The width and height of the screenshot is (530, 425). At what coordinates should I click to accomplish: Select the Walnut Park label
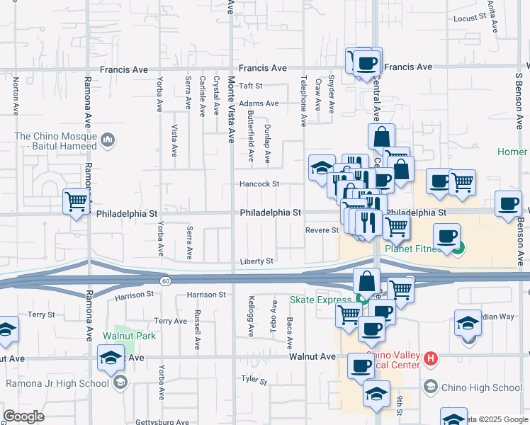(129, 336)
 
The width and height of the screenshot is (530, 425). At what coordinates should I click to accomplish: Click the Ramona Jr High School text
(57, 383)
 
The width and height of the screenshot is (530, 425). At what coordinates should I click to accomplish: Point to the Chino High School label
(482, 387)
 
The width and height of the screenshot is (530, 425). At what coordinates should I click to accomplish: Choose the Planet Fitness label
(417, 248)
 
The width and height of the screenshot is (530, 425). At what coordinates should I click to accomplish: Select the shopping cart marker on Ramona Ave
(76, 201)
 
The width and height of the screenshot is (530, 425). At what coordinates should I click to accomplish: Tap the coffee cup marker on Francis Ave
(366, 62)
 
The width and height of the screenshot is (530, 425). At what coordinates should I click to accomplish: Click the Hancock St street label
(259, 184)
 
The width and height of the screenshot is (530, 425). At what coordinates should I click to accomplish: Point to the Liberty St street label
(256, 261)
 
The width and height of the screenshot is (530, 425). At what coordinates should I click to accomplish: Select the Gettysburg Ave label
(162, 422)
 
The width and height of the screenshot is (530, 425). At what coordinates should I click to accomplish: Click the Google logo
(23, 416)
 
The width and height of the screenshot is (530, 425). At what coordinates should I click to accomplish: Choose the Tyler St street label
(253, 381)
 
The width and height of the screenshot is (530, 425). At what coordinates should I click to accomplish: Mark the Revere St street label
(322, 230)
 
